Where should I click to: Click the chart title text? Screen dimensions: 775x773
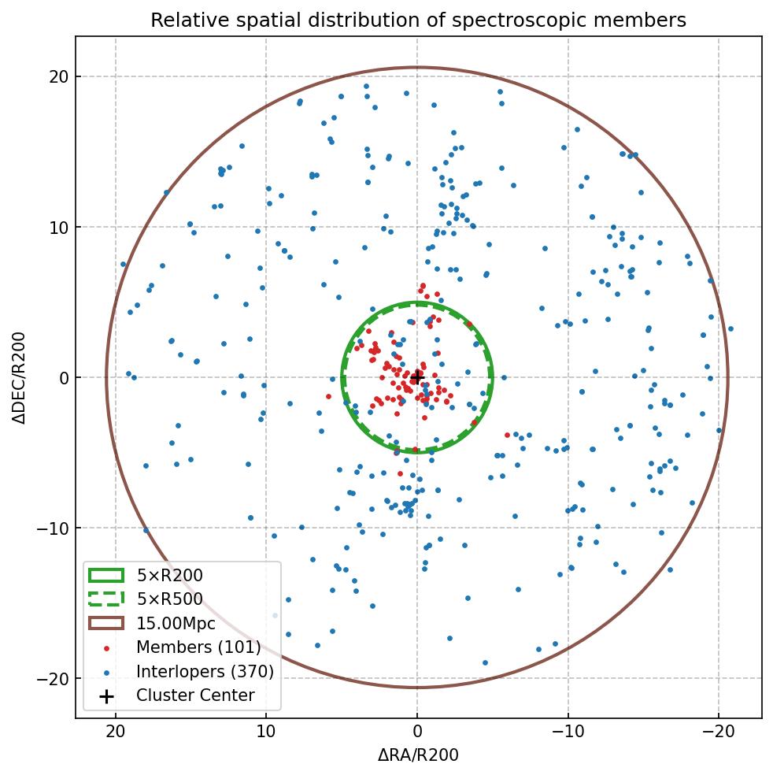[418, 20]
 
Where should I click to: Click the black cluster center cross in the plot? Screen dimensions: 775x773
[417, 377]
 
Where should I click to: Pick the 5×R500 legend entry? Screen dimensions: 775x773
[169, 599]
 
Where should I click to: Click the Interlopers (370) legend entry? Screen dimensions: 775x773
[205, 672]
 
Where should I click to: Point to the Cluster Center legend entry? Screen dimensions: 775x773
[195, 695]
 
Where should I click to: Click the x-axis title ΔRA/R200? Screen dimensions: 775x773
[418, 755]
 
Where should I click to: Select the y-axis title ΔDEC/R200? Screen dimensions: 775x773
[19, 377]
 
